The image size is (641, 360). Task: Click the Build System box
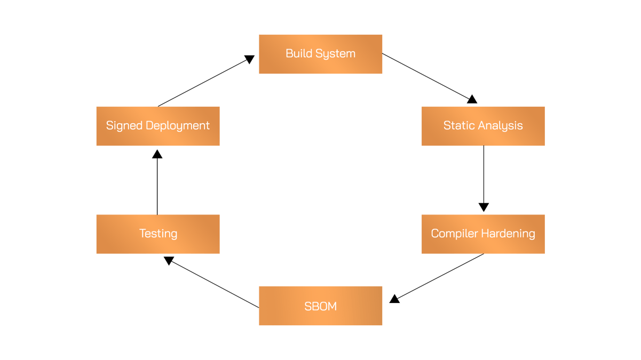(320, 54)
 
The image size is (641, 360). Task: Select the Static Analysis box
(482, 126)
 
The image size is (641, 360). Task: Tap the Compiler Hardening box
(482, 234)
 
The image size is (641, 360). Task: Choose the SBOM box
(320, 306)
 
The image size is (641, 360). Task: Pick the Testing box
(158, 234)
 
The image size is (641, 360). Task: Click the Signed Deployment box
(158, 126)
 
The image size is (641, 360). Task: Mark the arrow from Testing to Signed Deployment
(157, 182)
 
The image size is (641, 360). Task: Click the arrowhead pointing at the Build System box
(249, 58)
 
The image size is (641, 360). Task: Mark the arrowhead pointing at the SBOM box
(394, 298)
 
